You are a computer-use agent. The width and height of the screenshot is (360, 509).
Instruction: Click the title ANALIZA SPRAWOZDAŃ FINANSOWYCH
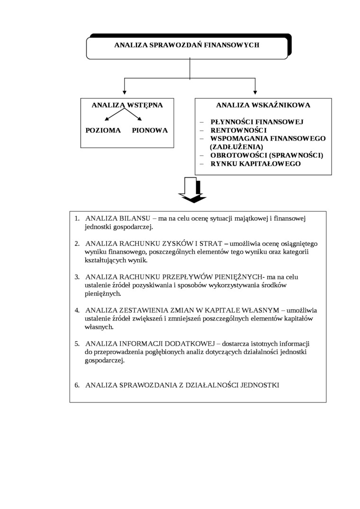[x=187, y=45]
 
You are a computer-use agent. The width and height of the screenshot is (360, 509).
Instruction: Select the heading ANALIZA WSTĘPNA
[x=127, y=105]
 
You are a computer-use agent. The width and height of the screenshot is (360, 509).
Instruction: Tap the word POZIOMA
[x=103, y=130]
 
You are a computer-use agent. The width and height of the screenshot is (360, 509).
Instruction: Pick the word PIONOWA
[x=150, y=130]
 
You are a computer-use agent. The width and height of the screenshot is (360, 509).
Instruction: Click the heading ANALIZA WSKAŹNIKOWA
[x=263, y=105]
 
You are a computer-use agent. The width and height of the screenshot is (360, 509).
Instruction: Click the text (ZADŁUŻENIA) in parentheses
[x=236, y=147]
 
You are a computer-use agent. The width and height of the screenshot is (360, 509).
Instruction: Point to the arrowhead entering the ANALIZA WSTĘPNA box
[x=125, y=91]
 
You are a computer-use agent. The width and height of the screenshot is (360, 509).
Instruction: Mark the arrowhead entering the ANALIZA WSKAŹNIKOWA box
[x=255, y=91]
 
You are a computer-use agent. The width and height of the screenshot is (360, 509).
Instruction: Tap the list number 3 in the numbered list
[x=77, y=277]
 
